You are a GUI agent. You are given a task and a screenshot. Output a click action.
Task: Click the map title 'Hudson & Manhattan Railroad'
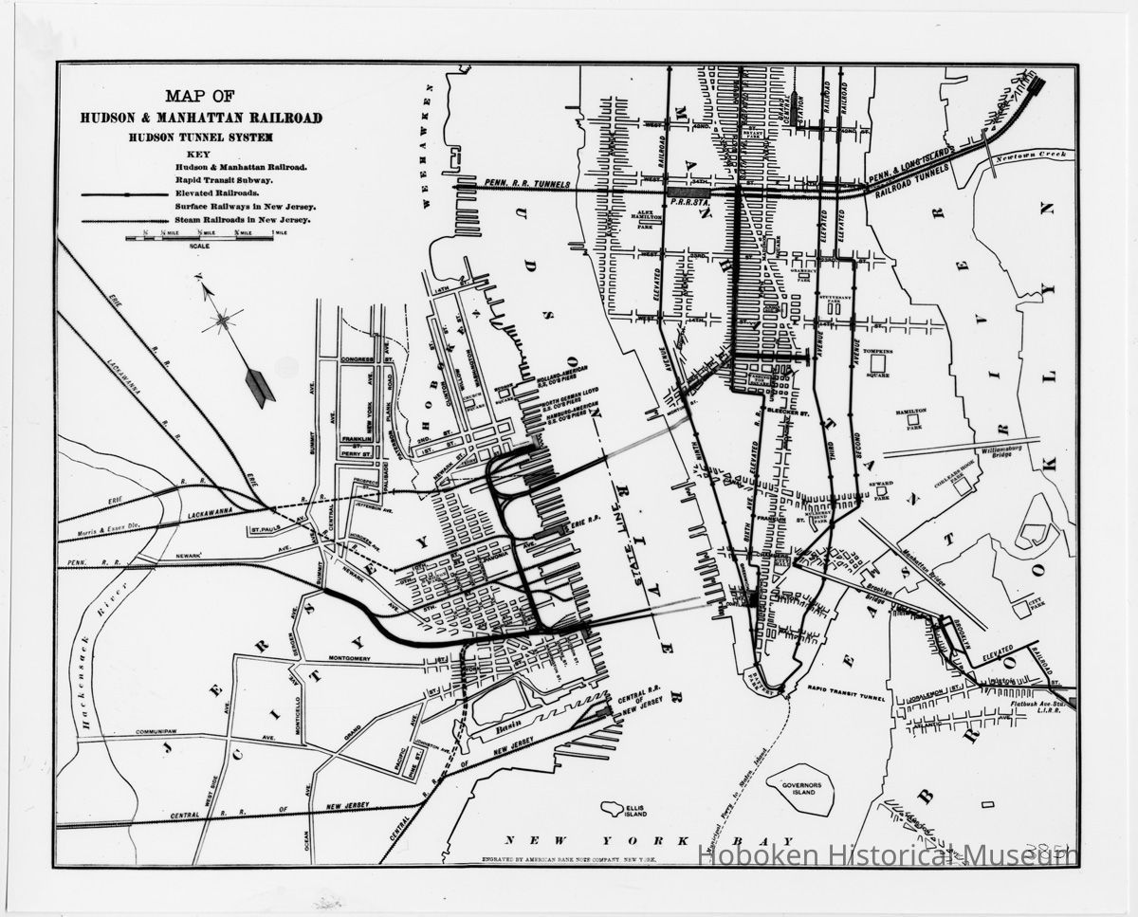coord(200,119)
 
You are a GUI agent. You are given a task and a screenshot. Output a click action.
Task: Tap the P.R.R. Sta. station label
coord(685,201)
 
